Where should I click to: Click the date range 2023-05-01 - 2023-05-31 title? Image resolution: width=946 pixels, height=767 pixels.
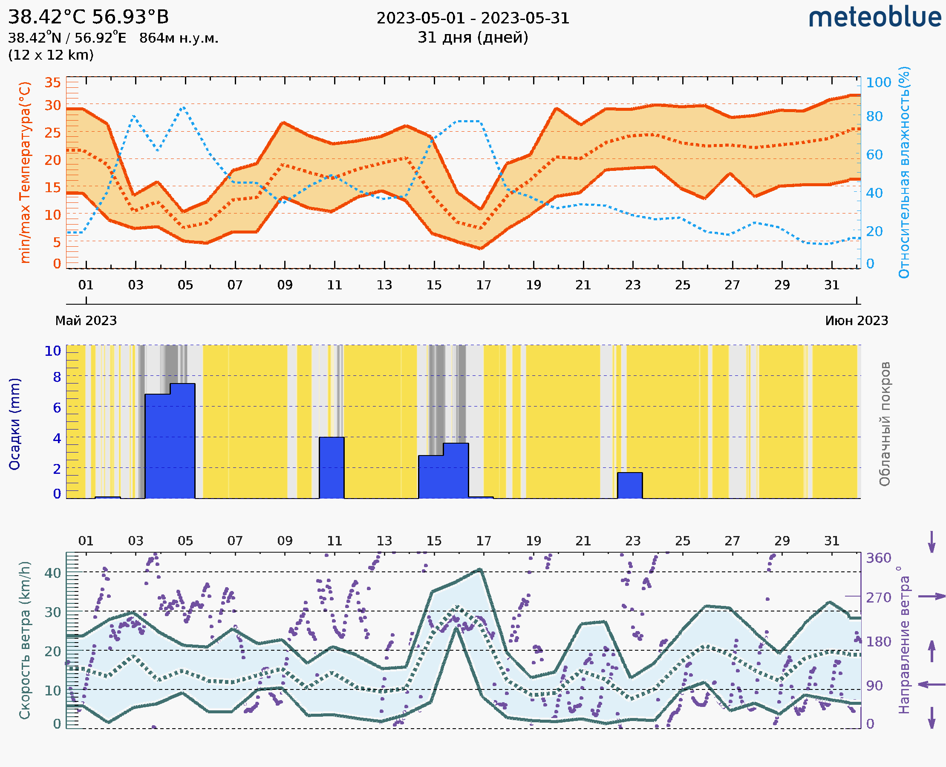[x=473, y=18]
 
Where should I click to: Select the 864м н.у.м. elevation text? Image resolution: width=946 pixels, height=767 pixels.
[x=179, y=38]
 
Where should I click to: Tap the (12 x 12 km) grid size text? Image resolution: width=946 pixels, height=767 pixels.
[x=51, y=55]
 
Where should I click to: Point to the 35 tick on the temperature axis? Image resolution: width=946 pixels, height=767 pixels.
[x=52, y=83]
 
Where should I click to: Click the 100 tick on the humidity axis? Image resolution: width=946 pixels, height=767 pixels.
[x=878, y=83]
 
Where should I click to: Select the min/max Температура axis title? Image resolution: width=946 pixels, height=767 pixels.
[x=25, y=172]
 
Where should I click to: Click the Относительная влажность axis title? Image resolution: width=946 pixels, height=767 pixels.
[x=904, y=172]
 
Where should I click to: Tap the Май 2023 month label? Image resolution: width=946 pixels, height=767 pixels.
[x=86, y=320]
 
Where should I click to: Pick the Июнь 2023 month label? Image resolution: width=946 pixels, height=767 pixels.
[x=857, y=320]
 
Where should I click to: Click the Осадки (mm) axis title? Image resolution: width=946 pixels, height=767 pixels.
[x=14, y=424]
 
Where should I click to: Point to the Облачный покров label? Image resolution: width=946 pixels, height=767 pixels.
[x=885, y=424]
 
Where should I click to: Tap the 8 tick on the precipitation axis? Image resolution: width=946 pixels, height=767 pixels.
[x=57, y=377]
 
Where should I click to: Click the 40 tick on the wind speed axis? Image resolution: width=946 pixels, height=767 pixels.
[x=52, y=573]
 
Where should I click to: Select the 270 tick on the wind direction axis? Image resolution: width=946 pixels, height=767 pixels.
[x=878, y=597]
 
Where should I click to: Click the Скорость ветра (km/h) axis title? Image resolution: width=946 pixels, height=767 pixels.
[x=25, y=640]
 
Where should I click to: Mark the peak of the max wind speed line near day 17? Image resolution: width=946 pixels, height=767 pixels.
[x=480, y=570]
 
